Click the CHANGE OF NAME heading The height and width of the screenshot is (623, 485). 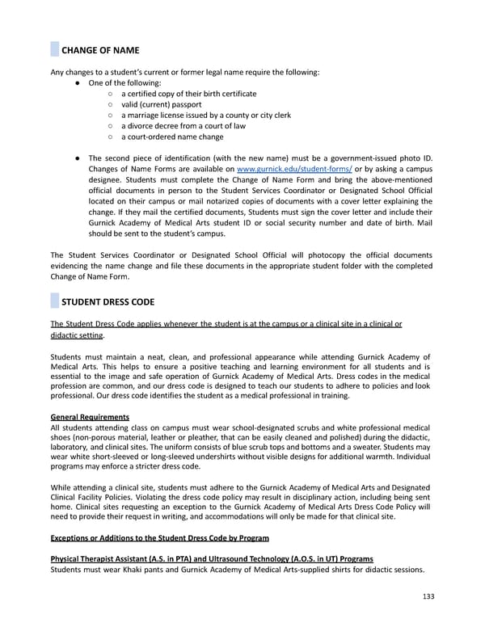tap(102, 50)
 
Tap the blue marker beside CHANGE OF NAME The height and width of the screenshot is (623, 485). tap(54, 49)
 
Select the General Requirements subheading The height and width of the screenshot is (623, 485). tap(90, 417)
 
